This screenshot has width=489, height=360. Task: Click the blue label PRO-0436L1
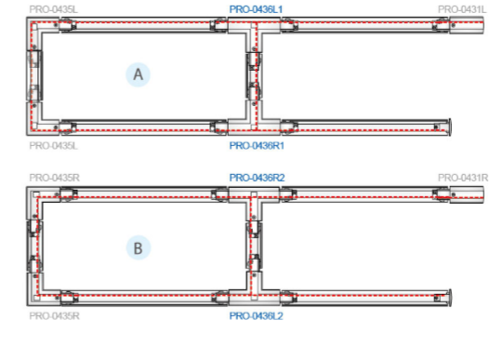[256, 8]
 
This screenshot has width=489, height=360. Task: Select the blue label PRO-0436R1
[256, 146]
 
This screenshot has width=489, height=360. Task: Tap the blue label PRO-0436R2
[256, 177]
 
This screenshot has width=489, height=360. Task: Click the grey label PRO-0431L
[462, 8]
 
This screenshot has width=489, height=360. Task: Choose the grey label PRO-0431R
[462, 177]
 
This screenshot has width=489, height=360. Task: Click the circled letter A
[139, 75]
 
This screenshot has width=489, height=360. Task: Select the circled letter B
[138, 248]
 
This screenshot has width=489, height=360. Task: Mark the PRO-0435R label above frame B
[54, 177]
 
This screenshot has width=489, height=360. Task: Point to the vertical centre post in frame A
[253, 76]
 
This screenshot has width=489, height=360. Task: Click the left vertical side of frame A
[33, 76]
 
